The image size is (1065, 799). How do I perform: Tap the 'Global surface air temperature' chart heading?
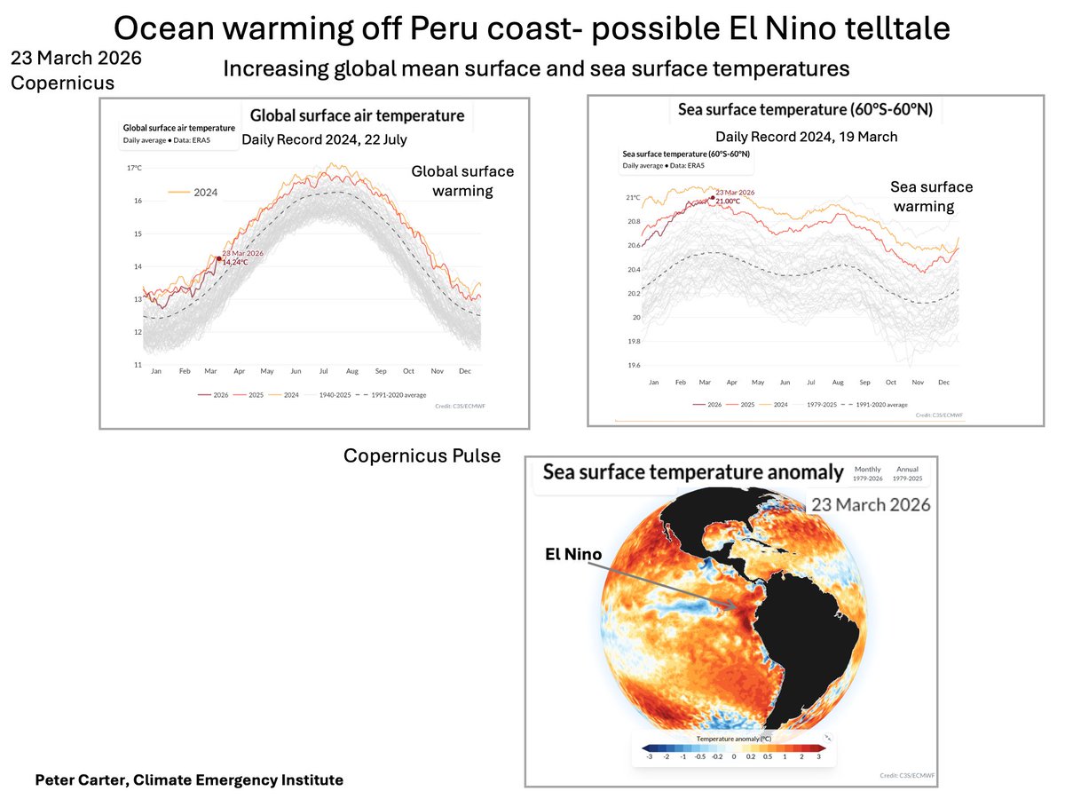click(x=357, y=115)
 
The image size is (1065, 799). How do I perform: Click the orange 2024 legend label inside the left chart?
click(x=205, y=192)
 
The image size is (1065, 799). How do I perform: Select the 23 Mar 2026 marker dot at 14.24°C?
click(x=218, y=258)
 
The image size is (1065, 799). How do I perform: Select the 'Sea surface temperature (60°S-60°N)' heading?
click(x=805, y=111)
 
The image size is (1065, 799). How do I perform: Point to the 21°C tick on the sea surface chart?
click(x=633, y=198)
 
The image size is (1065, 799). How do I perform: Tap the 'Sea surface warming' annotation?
click(x=931, y=196)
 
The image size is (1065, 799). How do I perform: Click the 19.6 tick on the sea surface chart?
click(x=633, y=365)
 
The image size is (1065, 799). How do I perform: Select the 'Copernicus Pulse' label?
click(x=422, y=455)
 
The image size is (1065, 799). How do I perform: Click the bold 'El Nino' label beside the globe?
click(x=573, y=554)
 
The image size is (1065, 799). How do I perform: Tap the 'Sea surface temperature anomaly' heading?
click(x=693, y=472)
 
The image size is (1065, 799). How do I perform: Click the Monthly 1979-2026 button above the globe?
click(x=868, y=473)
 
